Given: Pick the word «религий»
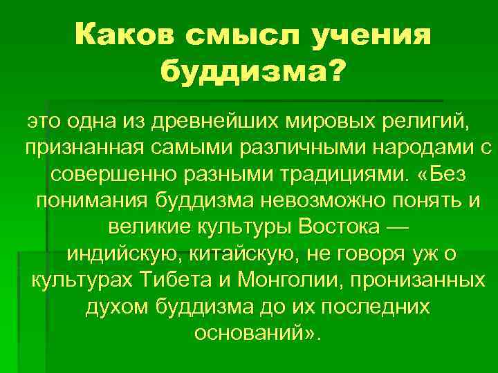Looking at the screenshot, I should coord(426,122).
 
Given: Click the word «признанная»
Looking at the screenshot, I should coord(83,148).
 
